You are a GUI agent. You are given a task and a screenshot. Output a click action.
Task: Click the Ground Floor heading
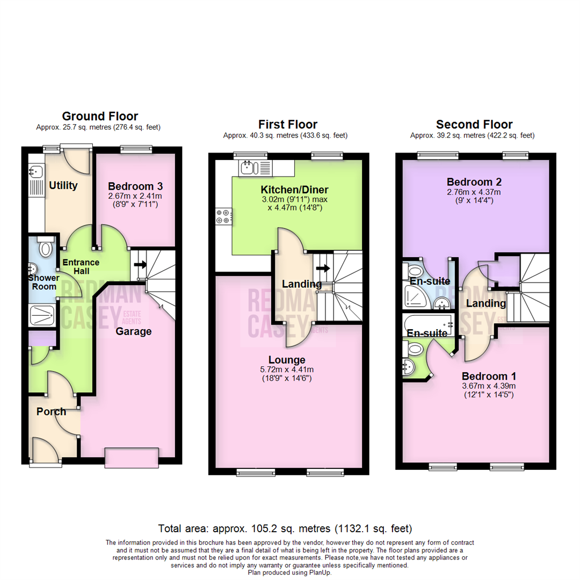(100, 116)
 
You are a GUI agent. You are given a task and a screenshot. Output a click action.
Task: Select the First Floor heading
(287, 125)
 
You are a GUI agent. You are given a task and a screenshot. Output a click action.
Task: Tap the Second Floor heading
(474, 125)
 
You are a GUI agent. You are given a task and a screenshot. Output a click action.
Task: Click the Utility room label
(63, 186)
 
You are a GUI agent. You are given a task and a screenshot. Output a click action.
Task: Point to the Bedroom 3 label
(135, 186)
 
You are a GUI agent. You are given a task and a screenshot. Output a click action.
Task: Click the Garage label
(134, 331)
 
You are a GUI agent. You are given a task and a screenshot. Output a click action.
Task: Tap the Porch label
(51, 412)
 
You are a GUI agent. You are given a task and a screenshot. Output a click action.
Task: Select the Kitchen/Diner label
(294, 190)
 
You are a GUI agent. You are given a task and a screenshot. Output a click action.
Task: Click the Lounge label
(287, 360)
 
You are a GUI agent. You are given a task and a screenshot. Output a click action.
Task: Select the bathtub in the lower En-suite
(430, 324)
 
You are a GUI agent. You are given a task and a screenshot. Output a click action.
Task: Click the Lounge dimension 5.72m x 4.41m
(287, 369)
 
